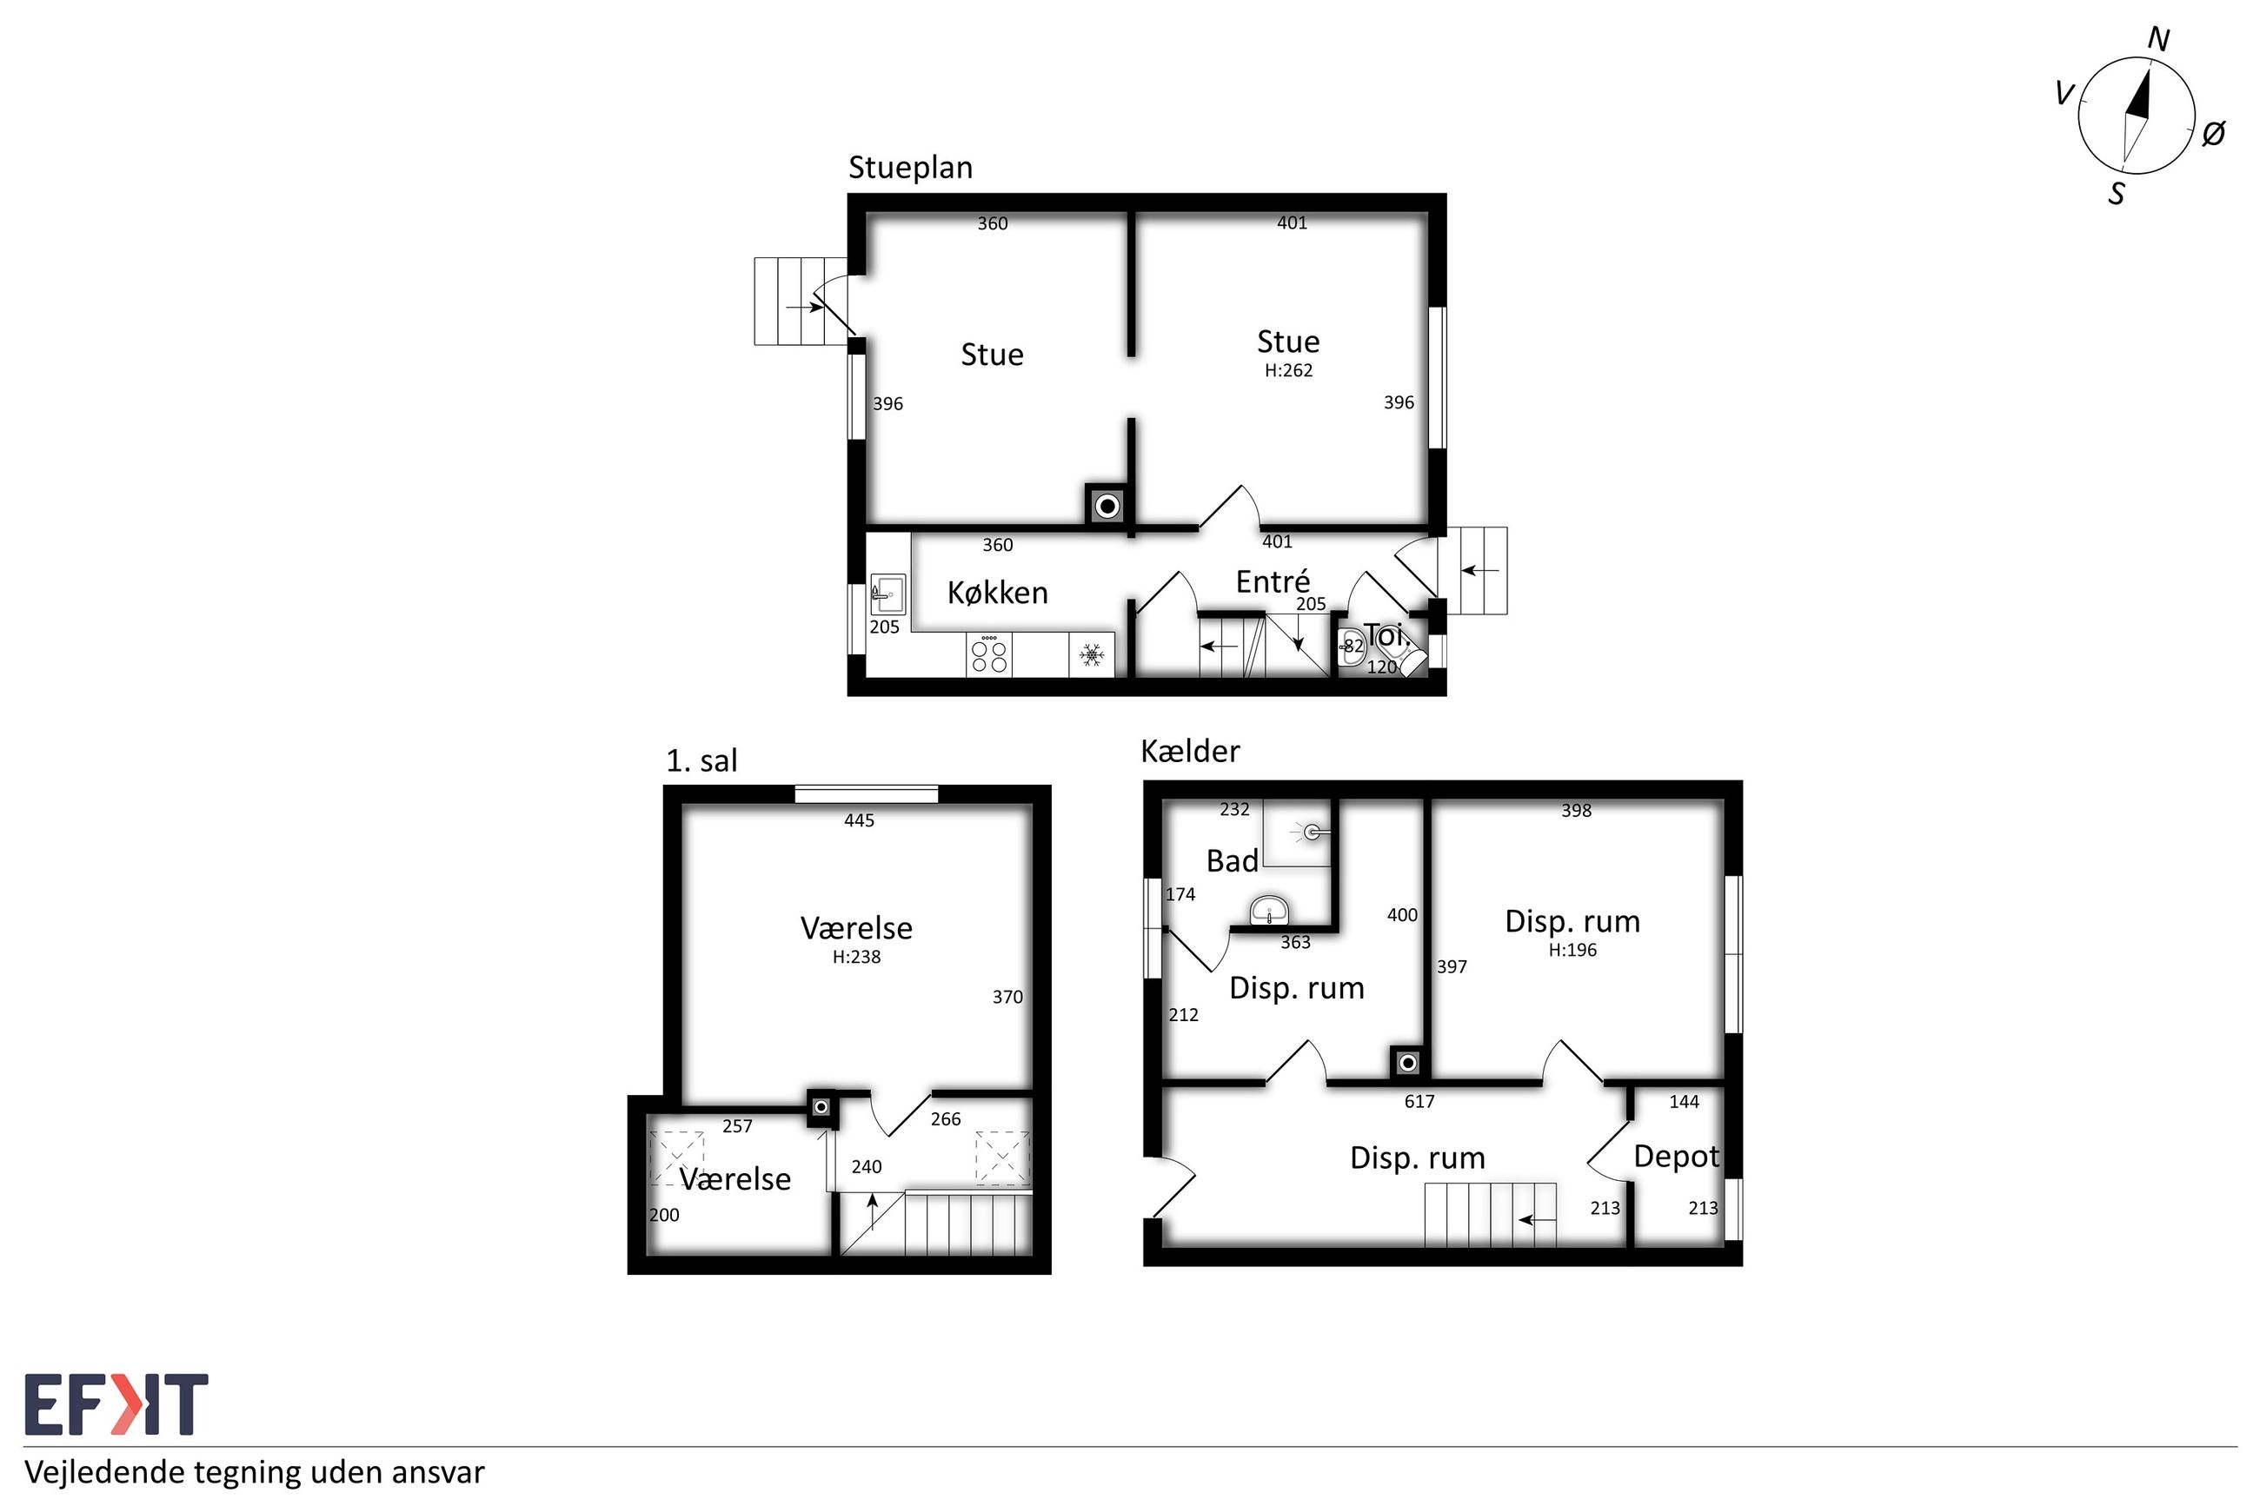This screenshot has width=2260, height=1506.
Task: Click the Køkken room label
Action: pos(997,593)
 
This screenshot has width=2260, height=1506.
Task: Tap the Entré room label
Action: pos(1273,581)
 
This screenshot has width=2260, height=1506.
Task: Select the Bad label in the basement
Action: pos(1233,860)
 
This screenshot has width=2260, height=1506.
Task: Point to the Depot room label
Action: pos(1676,1158)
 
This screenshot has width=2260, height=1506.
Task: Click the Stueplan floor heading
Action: pos(909,168)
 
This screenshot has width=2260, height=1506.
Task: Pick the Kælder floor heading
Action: pos(1190,751)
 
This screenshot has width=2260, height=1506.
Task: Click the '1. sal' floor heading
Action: pos(702,760)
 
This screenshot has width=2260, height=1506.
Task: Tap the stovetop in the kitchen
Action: pos(989,655)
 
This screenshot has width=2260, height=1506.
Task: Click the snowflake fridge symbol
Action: pos(1091,655)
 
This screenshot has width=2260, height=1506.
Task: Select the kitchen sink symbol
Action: pos(887,594)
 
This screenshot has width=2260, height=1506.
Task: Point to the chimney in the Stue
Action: pos(1107,505)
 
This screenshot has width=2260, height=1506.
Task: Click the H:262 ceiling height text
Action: pos(1288,371)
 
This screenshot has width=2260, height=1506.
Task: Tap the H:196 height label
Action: pos(1572,950)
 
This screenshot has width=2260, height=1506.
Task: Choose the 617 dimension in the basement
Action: pos(1419,1102)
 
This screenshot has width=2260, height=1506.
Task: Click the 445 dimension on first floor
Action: pos(859,820)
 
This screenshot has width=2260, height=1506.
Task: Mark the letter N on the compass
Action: pos(2158,39)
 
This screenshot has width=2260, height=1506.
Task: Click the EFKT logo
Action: pos(116,1404)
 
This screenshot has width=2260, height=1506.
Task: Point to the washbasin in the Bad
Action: pos(1269,911)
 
